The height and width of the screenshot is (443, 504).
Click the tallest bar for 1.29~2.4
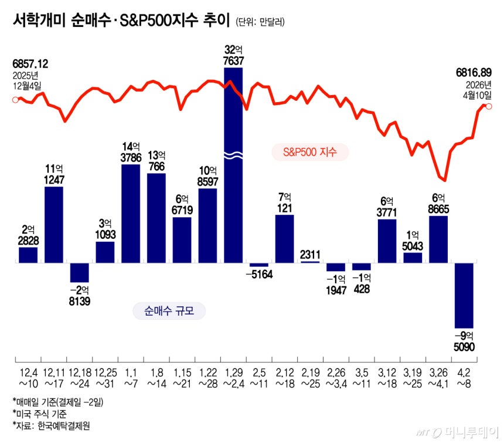click(233, 165)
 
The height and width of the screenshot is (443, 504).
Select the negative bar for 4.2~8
click(464, 295)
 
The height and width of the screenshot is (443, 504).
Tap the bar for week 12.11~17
click(54, 225)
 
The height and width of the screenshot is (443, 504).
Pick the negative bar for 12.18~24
click(79, 273)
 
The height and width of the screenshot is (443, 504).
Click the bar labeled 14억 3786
click(131, 214)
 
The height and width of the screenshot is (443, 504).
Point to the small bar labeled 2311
click(310, 262)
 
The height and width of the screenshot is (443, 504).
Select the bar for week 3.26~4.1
click(438, 239)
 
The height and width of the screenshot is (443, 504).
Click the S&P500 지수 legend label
click(310, 152)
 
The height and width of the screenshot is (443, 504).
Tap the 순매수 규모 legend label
click(169, 311)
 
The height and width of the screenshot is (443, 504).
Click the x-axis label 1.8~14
click(156, 378)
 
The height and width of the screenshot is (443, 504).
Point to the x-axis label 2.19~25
click(311, 378)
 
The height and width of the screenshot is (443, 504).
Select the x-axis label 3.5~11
click(362, 378)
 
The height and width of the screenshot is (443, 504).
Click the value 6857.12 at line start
click(30, 64)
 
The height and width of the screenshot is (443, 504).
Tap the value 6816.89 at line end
click(474, 73)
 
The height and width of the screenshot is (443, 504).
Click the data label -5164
click(259, 275)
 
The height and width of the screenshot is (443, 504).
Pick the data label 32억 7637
click(233, 55)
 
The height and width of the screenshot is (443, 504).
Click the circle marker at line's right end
click(489, 106)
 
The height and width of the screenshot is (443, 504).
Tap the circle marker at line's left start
click(15, 100)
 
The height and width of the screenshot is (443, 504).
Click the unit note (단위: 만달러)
click(260, 22)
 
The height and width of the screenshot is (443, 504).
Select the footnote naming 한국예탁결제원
click(51, 426)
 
